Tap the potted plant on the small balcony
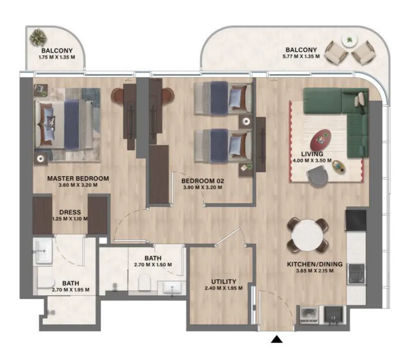click(x=38, y=38)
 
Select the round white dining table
click(x=308, y=235)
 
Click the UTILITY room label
click(x=224, y=282)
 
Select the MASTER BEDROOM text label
click(x=78, y=178)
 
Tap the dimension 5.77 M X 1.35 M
click(x=302, y=57)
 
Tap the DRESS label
click(x=70, y=212)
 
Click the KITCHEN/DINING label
click(x=315, y=264)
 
